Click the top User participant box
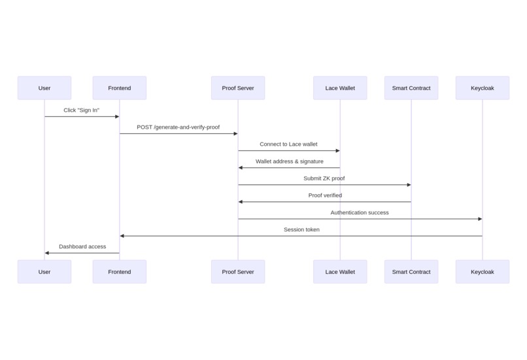[44, 88]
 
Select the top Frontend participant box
[120, 88]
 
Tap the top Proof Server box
[238, 88]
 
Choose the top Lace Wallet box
[340, 88]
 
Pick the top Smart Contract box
[411, 88]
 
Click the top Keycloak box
[483, 88]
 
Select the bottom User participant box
[44, 272]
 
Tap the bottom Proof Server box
[238, 272]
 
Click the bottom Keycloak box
[483, 272]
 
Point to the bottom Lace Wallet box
[340, 272]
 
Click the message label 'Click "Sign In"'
[82, 110]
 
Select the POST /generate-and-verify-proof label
[178, 127]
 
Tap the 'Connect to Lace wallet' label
[288, 144]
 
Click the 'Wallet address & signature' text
[289, 161]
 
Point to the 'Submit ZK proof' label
[324, 178]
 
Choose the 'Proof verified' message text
[325, 195]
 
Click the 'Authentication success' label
[360, 212]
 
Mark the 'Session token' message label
[301, 229]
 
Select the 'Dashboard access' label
[82, 246]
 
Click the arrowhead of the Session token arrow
[122, 236]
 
